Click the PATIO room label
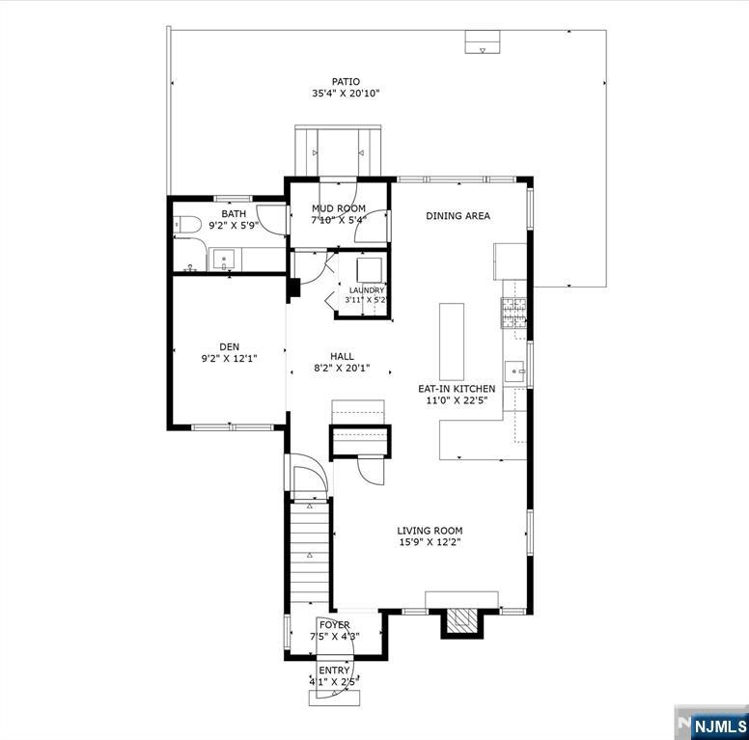[346, 82]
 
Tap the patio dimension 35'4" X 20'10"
[346, 93]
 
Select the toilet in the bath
[187, 225]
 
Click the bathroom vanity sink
[224, 260]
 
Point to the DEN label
[230, 347]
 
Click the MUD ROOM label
[338, 208]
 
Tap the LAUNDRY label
[367, 290]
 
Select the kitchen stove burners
[513, 313]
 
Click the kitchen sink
[515, 371]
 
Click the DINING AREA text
[458, 216]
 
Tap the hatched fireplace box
[461, 620]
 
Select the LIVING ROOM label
[430, 531]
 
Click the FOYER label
[334, 625]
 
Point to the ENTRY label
[334, 671]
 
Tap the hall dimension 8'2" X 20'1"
[342, 369]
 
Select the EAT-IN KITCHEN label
[457, 389]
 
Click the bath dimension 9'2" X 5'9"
[234, 226]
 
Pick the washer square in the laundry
[370, 270]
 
